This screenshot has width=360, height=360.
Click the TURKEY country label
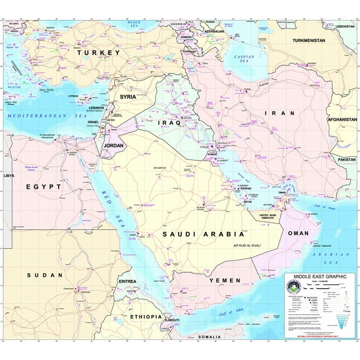tap(97, 53)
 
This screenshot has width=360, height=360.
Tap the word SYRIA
tap(127, 97)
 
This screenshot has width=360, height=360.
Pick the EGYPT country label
tap(43, 186)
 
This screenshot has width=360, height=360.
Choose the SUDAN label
tap(45, 275)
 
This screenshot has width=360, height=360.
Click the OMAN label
tap(297, 233)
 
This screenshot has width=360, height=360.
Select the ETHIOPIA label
tap(146, 317)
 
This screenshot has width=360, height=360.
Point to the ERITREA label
tap(127, 281)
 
